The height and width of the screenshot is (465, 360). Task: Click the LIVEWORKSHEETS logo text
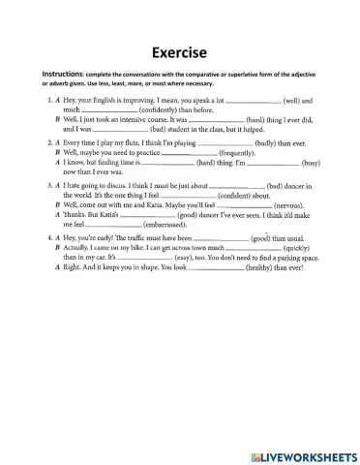[305, 449]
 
